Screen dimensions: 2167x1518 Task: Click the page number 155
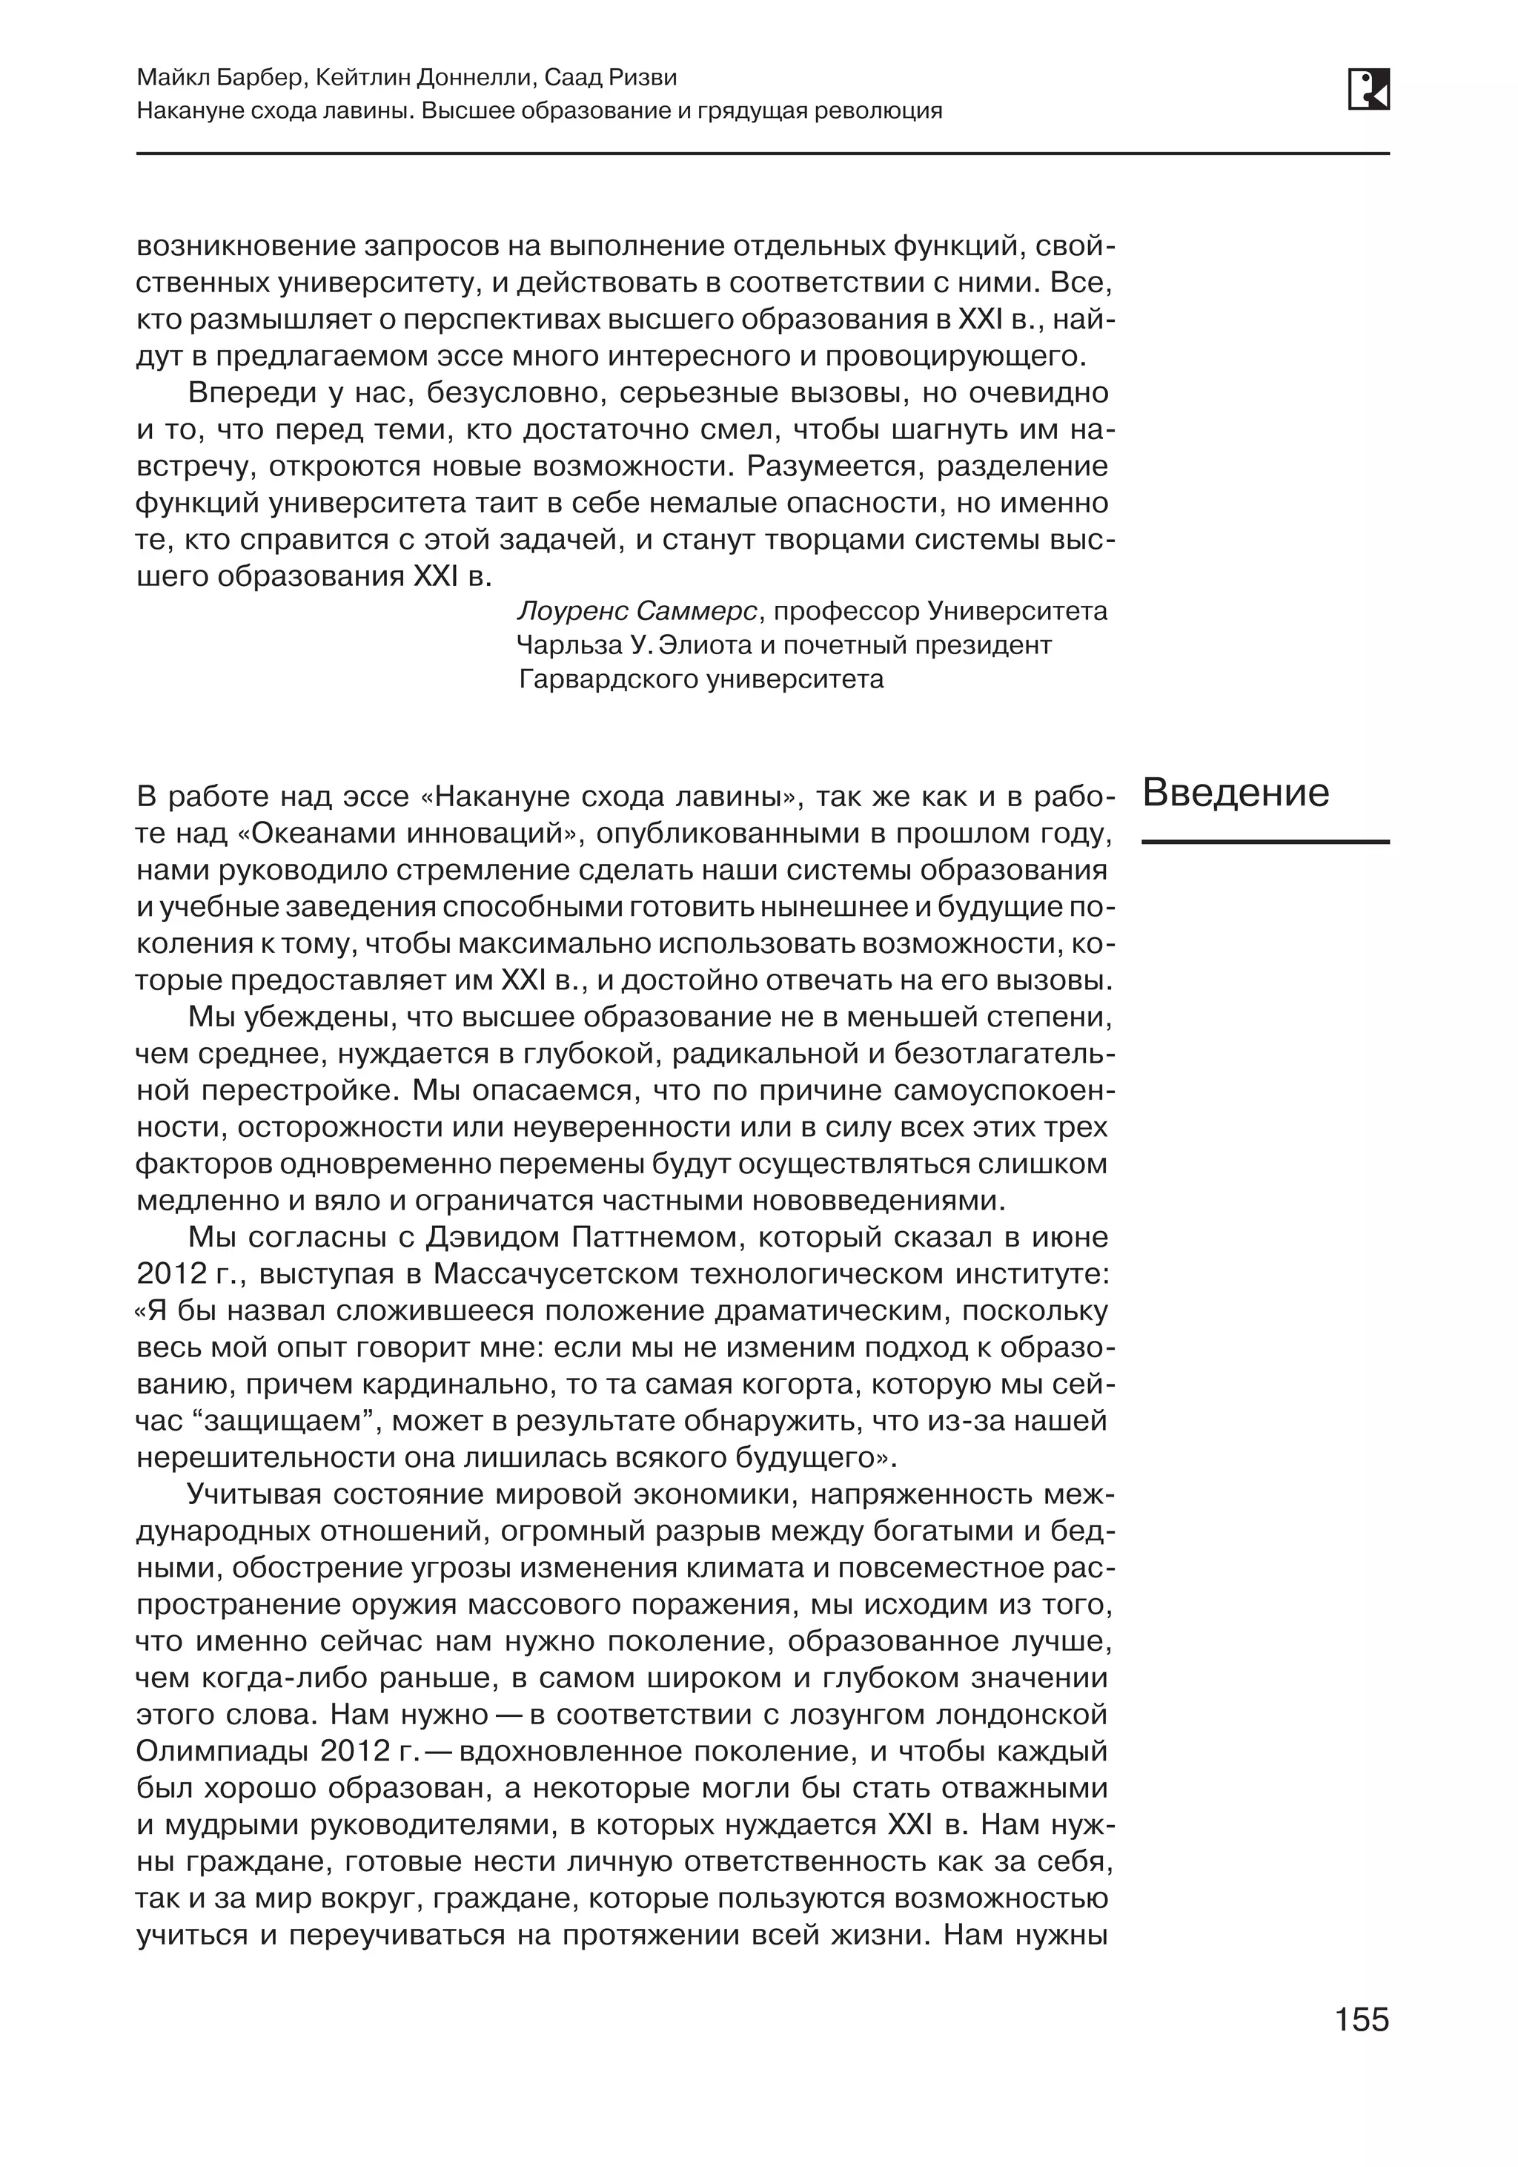tap(1362, 2019)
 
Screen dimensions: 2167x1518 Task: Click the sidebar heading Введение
tap(1235, 793)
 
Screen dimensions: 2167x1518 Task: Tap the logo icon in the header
tap(1368, 90)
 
